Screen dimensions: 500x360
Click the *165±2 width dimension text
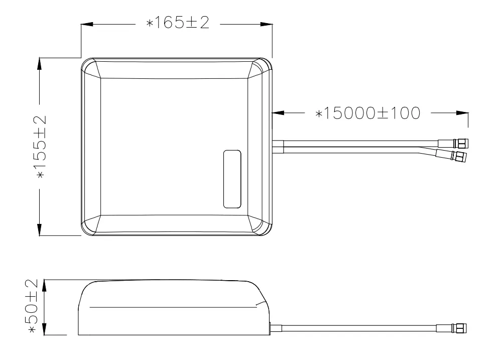tap(178, 23)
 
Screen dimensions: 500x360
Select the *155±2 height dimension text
tap(41, 146)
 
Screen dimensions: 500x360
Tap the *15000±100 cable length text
tap(367, 113)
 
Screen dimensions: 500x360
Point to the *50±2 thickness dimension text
tap(33, 306)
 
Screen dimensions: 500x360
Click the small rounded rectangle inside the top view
tap(232, 179)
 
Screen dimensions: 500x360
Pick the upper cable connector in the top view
tap(453, 144)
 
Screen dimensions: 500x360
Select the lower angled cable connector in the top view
tap(451, 155)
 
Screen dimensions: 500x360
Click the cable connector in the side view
tap(451, 328)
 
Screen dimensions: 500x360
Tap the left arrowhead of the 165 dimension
tap(87, 24)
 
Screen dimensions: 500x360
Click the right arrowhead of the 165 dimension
tap(267, 24)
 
